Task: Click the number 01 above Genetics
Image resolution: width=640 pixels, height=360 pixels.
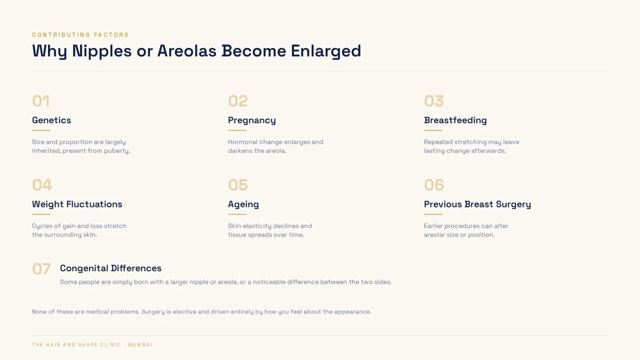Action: tap(41, 101)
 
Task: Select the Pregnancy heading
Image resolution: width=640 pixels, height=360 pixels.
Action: tap(252, 121)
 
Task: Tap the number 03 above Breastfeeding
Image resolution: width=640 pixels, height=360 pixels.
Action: tap(434, 101)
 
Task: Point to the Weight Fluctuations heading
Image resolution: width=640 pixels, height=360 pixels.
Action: tap(77, 204)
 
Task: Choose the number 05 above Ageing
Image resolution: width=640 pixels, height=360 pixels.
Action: tap(238, 185)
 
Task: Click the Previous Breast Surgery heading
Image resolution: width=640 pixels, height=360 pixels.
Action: tap(477, 204)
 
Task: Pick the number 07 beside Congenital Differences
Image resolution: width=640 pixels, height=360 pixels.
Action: tap(42, 269)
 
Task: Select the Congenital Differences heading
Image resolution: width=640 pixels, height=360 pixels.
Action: tap(111, 268)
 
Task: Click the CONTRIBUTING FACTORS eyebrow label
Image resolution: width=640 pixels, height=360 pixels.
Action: tap(80, 35)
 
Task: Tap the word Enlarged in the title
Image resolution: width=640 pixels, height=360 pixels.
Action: tap(326, 51)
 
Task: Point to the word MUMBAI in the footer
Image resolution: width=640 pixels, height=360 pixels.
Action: tap(140, 345)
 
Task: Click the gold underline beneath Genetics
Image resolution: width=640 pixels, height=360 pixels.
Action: tap(41, 131)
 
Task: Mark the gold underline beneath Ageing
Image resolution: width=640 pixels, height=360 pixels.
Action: tap(237, 214)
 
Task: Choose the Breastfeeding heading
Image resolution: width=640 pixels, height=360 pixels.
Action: tap(455, 120)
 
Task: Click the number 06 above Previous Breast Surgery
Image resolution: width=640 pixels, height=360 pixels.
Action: tap(434, 185)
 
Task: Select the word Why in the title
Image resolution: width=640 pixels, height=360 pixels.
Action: tap(49, 51)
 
